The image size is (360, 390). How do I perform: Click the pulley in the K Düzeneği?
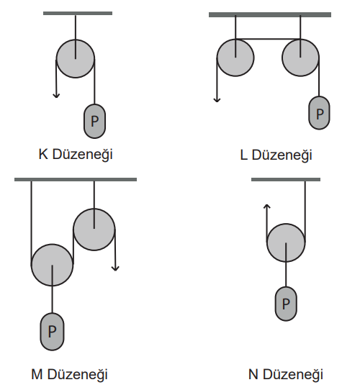pos(76,59)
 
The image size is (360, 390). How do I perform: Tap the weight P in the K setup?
pos(94,121)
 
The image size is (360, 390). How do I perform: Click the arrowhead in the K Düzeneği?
pos(56,95)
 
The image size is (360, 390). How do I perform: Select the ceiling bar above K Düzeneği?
pos(78,13)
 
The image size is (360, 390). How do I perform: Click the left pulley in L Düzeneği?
pos(235,58)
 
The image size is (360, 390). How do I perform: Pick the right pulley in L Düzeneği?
pos(300,58)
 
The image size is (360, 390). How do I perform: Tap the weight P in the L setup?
pos(319,113)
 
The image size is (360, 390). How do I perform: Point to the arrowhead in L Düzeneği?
pos(217,99)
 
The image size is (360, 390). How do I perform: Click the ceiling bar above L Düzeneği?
pos(270,14)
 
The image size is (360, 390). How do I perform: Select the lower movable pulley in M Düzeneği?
pos(53,265)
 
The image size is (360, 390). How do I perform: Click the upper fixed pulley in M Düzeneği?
pos(94,230)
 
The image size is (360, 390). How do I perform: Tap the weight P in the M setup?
pos(52,332)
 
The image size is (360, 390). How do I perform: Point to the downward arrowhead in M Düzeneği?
pos(115,268)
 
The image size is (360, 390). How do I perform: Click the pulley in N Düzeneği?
pos(286,242)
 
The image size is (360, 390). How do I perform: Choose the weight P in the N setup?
pos(286,304)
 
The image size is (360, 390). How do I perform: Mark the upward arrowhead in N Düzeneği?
pos(267,207)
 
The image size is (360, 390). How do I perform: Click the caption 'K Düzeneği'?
pos(76,155)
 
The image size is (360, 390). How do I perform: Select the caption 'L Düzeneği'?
pos(276,155)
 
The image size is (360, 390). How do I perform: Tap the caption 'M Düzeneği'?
pos(69,375)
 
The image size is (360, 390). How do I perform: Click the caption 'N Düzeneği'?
pos(286,375)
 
